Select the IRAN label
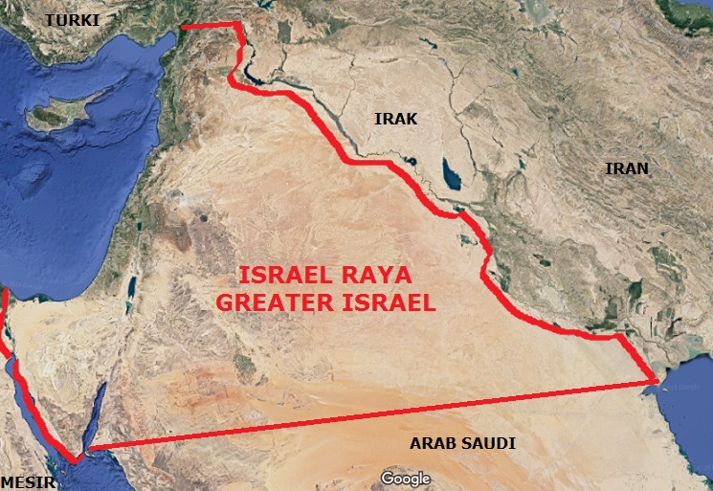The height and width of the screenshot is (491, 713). [626, 168]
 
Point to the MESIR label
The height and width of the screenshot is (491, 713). [28, 480]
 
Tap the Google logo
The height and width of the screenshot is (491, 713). [405, 478]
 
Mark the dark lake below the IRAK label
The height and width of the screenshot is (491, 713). [449, 174]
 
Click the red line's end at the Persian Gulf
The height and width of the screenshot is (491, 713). [654, 382]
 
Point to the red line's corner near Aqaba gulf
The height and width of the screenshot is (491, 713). [87, 448]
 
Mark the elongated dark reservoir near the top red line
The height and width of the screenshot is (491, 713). [251, 72]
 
